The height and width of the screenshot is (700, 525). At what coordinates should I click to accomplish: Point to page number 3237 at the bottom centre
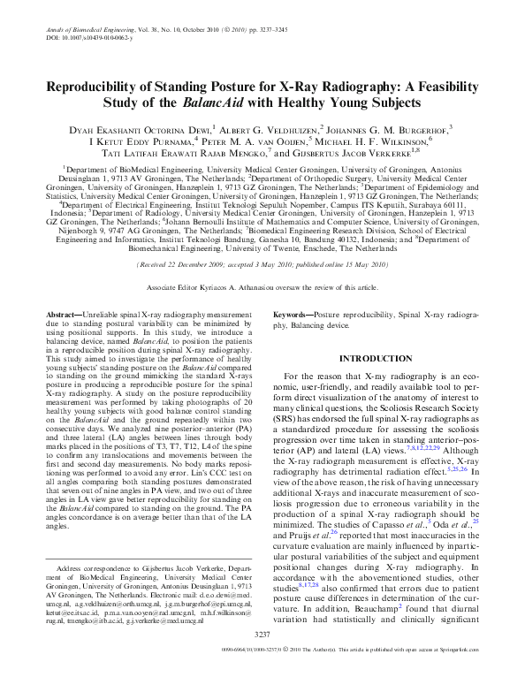tap(262, 659)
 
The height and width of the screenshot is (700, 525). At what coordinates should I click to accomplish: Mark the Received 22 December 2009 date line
tap(191, 263)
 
